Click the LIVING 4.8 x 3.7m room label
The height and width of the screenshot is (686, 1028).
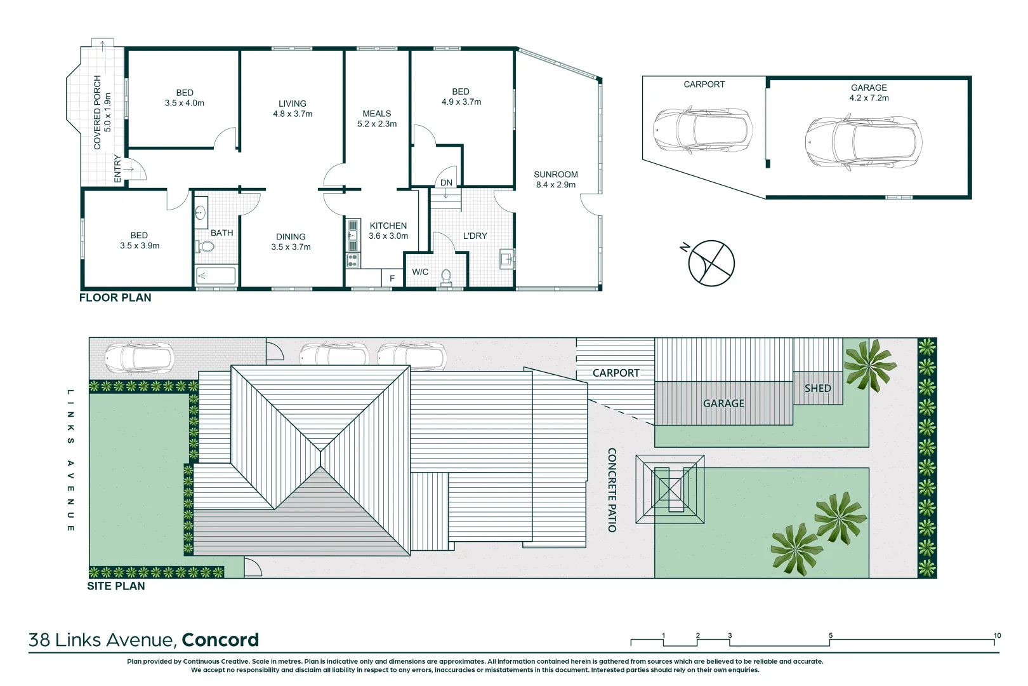[293, 109]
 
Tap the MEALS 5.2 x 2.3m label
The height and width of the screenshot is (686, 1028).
[377, 119]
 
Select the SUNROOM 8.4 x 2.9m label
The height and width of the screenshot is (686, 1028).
[556, 180]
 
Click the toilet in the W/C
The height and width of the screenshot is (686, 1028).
[446, 276]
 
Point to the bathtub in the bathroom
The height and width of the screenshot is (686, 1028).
[216, 276]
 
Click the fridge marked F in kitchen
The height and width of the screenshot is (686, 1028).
[392, 278]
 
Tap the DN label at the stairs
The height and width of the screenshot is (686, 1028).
[446, 183]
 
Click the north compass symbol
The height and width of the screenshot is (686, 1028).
[711, 263]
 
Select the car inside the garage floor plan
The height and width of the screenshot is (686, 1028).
[863, 143]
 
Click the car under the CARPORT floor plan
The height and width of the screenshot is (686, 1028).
[702, 130]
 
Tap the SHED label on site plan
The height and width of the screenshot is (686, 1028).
[817, 388]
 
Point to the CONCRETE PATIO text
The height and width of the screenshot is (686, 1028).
[612, 490]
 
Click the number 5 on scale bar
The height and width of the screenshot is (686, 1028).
[830, 635]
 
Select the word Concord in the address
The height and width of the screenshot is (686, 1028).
[220, 640]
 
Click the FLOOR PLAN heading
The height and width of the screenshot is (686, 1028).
[115, 298]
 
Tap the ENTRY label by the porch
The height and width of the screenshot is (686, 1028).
[117, 169]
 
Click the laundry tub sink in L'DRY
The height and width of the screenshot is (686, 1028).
[506, 259]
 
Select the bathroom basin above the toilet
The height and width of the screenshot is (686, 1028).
[200, 213]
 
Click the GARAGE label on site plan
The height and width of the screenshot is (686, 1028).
[723, 403]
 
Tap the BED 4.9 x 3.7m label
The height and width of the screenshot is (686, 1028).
[461, 97]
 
